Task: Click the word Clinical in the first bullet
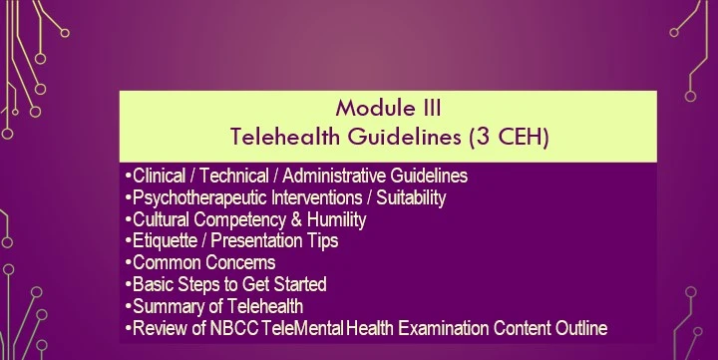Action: pos(160,176)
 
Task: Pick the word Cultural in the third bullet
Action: pos(161,219)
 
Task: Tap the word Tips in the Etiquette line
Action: pos(322,241)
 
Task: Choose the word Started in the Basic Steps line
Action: pos(297,285)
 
